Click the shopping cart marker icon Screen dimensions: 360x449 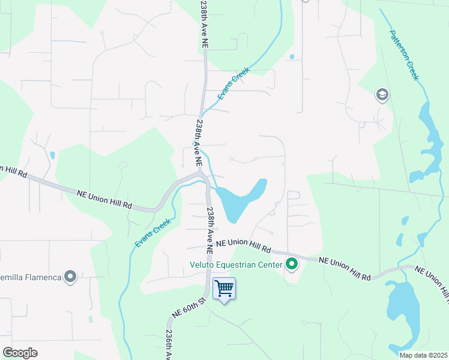click(x=224, y=288)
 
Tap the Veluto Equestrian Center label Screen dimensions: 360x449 click(x=237, y=263)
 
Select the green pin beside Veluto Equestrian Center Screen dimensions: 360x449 click(x=292, y=263)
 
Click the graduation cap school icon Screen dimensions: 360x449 click(x=382, y=95)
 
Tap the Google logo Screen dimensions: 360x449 click(x=20, y=353)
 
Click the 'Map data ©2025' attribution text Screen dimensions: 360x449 click(x=423, y=355)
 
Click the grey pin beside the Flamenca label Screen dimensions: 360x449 click(x=70, y=277)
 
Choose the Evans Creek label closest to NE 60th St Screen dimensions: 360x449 click(x=152, y=232)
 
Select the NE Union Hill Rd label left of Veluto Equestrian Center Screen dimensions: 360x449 click(x=244, y=245)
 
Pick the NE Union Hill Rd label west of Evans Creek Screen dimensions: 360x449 click(x=104, y=199)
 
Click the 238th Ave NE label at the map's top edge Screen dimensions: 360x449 click(x=204, y=24)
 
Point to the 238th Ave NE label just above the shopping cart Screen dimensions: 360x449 click(x=210, y=230)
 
